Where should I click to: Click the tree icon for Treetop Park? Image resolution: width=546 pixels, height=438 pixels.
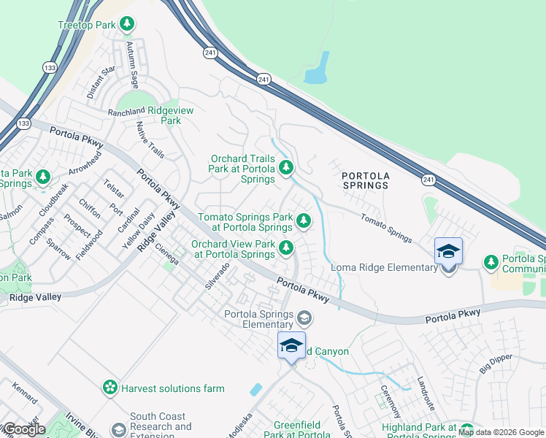[127, 25]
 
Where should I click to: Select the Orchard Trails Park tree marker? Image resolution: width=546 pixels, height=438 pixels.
[286, 169]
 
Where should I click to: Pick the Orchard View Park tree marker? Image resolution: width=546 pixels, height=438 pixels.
[285, 249]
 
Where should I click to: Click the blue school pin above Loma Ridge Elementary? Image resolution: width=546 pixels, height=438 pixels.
[448, 251]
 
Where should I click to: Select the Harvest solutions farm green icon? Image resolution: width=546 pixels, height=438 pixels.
[110, 388]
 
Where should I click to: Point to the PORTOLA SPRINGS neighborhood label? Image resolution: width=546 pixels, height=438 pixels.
[365, 180]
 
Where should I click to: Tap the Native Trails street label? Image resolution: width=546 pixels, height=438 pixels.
[151, 139]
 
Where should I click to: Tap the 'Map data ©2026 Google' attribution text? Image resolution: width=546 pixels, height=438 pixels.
[501, 432]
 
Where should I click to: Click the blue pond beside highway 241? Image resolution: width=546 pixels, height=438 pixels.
[318, 69]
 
